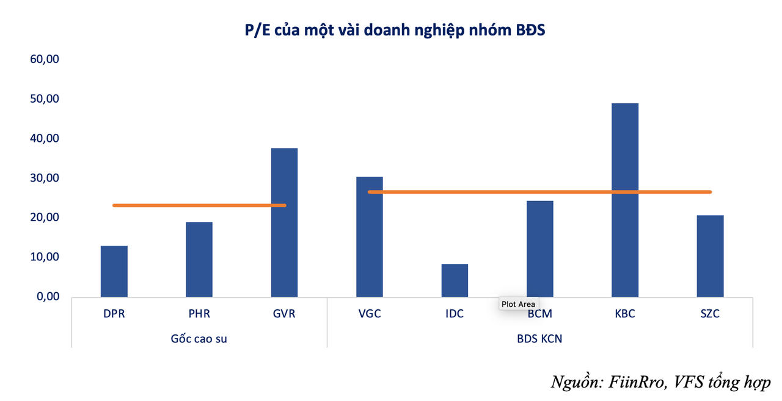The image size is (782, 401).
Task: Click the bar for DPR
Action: pos(114,271)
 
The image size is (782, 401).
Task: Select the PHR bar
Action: pos(199,259)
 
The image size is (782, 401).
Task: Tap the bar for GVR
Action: pos(284,223)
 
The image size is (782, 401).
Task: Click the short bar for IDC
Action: pos(455,281)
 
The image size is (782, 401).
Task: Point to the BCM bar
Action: pos(540,249)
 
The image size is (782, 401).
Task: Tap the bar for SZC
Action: pos(710,256)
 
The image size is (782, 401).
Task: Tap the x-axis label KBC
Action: pos(625,314)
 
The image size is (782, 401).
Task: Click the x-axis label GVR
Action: pos(284,314)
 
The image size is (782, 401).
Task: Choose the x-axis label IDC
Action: pos(455,314)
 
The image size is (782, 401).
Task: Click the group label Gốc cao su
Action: pos(199,338)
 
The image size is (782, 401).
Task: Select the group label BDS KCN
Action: pos(540,338)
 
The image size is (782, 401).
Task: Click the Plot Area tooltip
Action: pos(518,304)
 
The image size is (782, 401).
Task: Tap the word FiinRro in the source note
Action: pos(636,382)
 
